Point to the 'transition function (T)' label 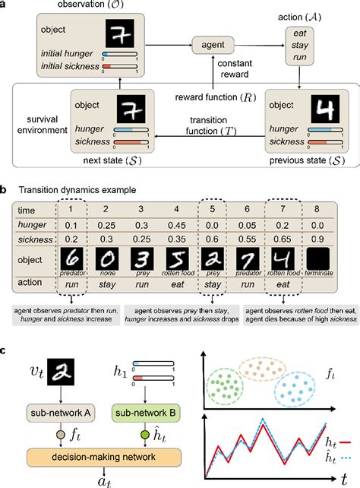[215, 129]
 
